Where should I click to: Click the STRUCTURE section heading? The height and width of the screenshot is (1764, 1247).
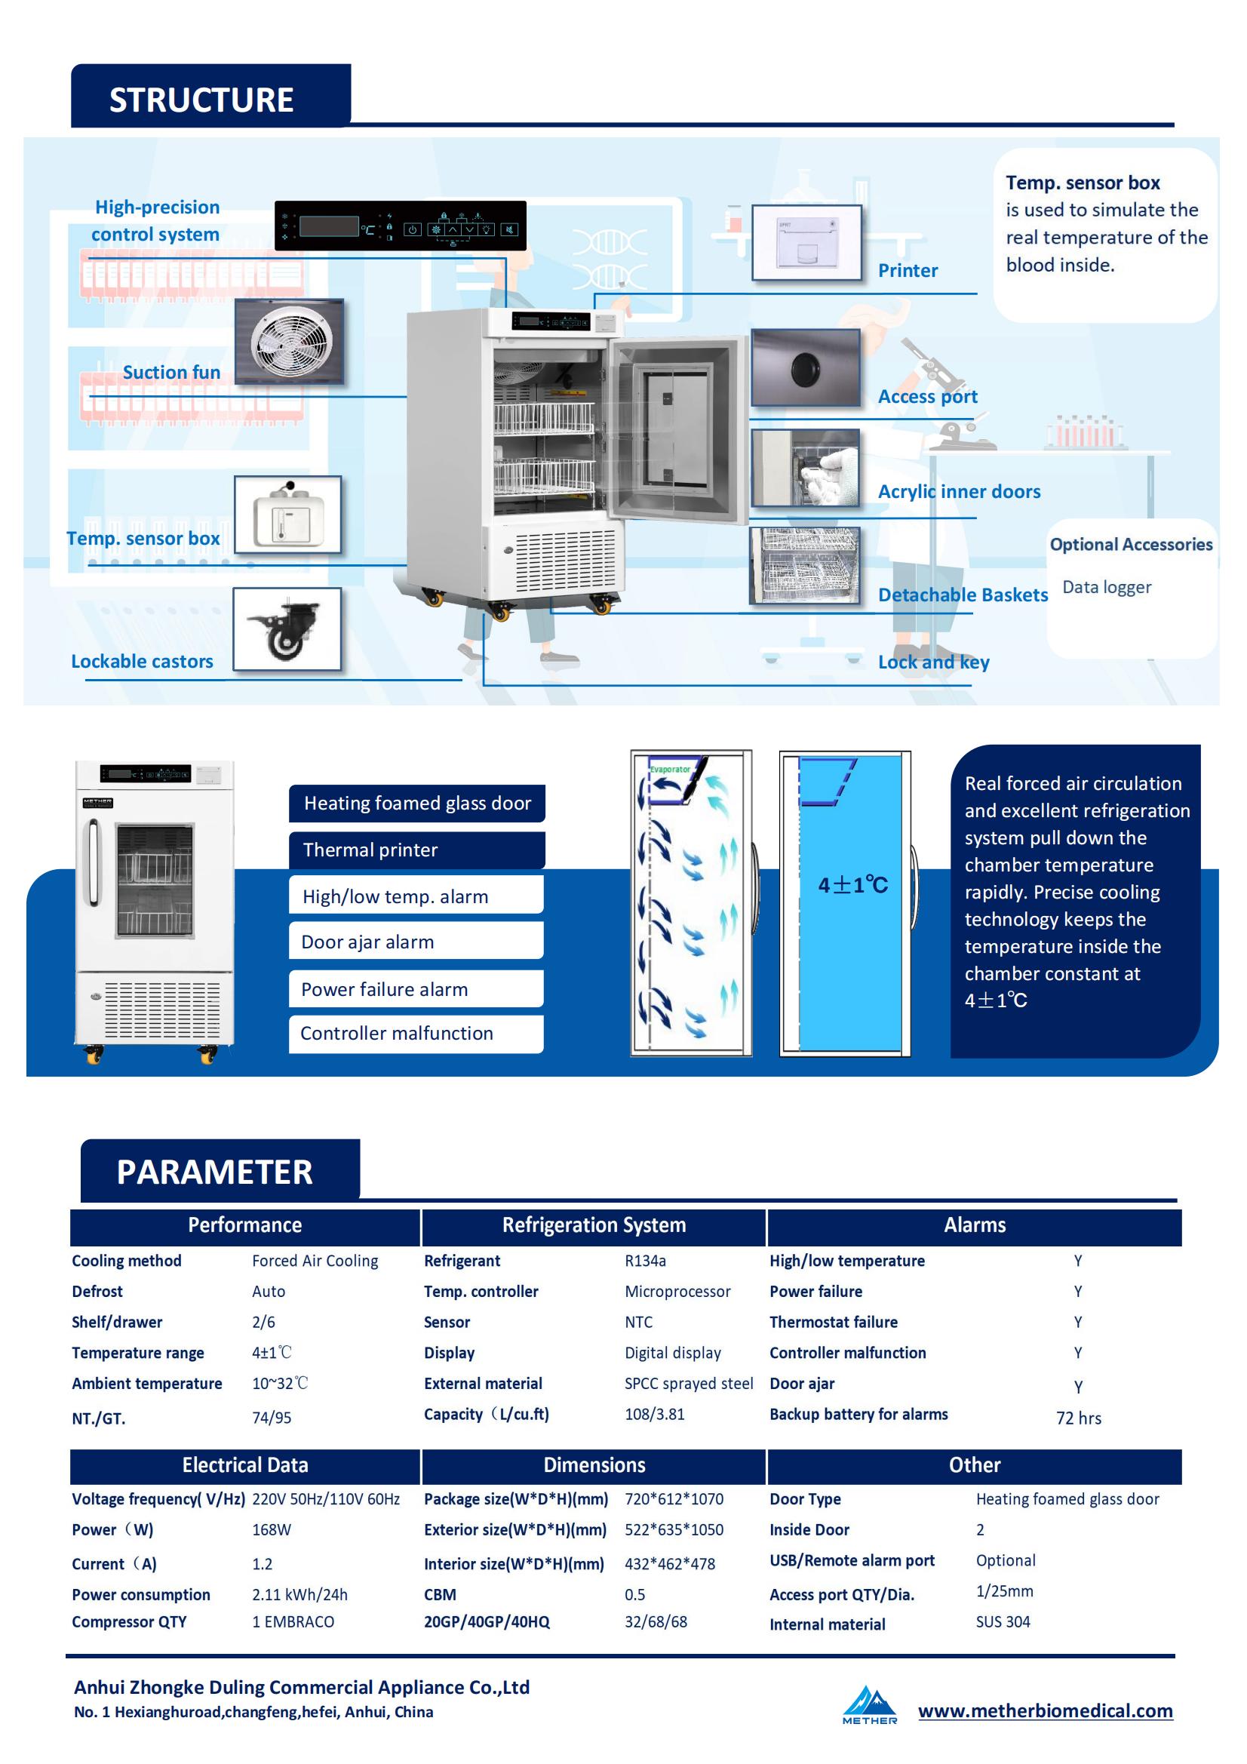tap(201, 100)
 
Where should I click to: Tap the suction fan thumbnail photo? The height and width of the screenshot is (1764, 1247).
tap(289, 341)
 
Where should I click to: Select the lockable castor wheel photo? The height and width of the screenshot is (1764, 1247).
tap(287, 629)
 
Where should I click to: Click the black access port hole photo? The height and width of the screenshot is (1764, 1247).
tap(805, 368)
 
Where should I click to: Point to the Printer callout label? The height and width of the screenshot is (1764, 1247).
tap(908, 270)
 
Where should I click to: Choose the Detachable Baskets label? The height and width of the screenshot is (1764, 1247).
tap(963, 595)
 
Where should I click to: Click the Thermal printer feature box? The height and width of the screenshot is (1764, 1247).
tap(417, 850)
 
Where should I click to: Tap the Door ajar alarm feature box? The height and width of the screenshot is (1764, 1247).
tap(416, 941)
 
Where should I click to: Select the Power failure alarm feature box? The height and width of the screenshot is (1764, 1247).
tap(416, 989)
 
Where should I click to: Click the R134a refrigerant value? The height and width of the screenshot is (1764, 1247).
tap(646, 1261)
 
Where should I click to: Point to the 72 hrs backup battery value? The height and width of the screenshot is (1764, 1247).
tap(1079, 1418)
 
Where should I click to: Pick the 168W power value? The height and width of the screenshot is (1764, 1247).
tap(272, 1529)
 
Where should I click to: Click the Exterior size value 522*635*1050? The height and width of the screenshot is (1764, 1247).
tap(674, 1529)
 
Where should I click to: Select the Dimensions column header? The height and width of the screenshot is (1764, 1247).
tap(594, 1465)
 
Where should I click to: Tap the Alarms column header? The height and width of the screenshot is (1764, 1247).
tap(974, 1225)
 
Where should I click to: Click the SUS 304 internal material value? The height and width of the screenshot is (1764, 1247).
tap(1003, 1622)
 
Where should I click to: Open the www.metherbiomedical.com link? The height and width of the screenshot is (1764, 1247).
tap(1045, 1711)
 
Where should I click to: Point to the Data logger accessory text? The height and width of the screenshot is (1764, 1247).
tap(1107, 587)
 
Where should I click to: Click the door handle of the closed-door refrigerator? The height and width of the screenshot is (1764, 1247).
tap(94, 862)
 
